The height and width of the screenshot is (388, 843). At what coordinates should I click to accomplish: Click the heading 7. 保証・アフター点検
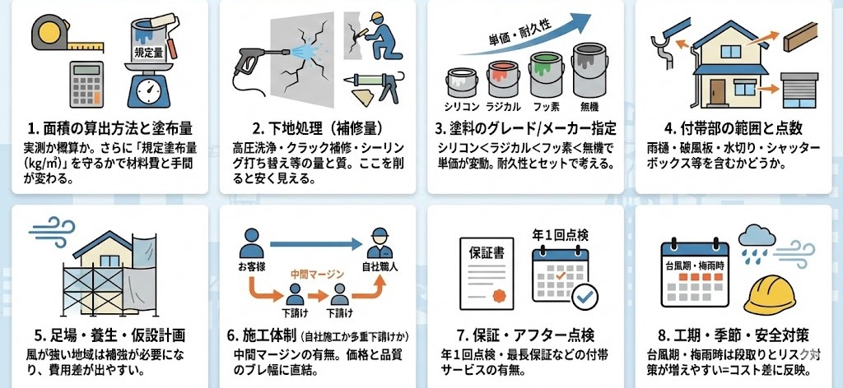pos(526,336)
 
